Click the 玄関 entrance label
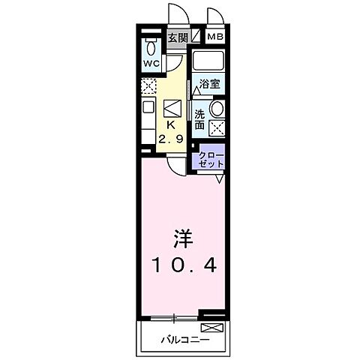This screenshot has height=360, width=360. [x=177, y=37]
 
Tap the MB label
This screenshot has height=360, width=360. [x=215, y=37]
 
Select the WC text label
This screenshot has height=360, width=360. [x=150, y=62]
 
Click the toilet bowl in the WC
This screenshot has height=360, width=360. [x=151, y=44]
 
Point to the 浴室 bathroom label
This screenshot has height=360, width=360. [x=209, y=85]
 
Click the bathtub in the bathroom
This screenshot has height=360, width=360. [x=210, y=62]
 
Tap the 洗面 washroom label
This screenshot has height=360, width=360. [x=200, y=120]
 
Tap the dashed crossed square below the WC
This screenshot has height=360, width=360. [x=148, y=85]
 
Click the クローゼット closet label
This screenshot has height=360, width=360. [x=211, y=158]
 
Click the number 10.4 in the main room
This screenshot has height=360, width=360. [x=185, y=264]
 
